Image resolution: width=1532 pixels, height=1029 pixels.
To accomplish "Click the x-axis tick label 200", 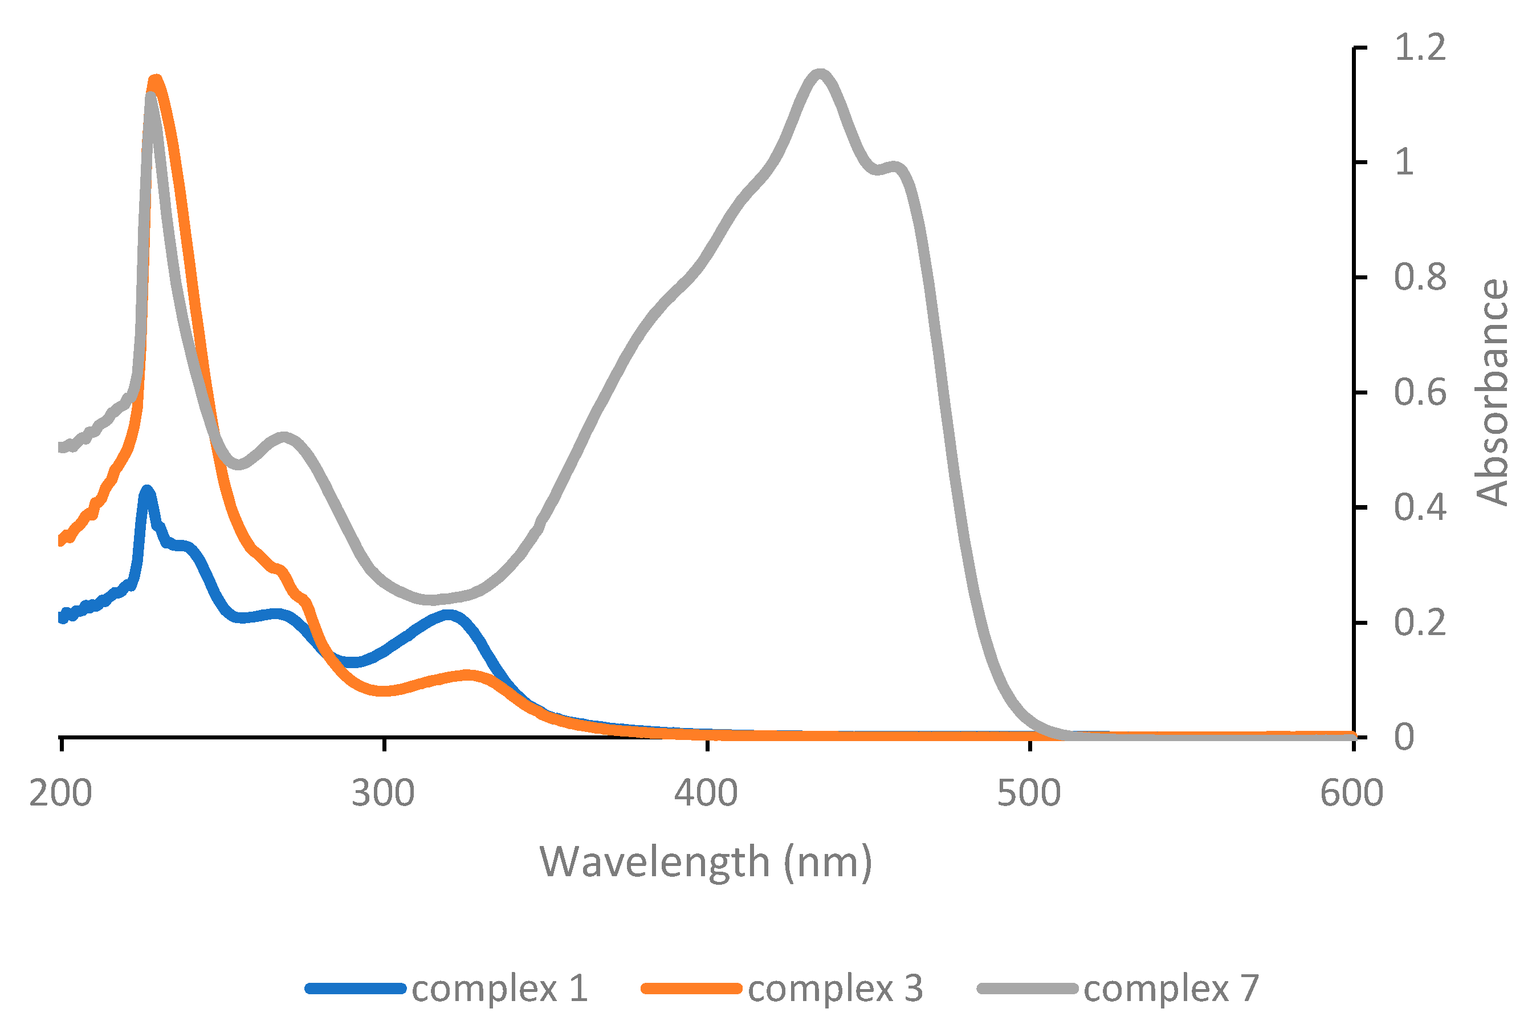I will (x=60, y=794).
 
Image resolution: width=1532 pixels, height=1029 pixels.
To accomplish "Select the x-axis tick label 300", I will (x=383, y=794).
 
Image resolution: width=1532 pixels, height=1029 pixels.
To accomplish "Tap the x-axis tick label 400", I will (x=706, y=794).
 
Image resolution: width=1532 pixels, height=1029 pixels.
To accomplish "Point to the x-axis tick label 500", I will (x=1029, y=794).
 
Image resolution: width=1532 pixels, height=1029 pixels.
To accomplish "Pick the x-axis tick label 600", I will (x=1351, y=794).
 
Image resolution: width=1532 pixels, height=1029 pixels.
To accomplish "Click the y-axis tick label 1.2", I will (x=1420, y=47).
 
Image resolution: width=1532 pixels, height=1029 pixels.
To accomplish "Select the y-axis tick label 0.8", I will (x=1420, y=278).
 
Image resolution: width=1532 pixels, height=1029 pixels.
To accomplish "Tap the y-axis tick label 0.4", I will (x=1420, y=507).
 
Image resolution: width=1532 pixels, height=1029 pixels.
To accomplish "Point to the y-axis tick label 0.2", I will (x=1420, y=622).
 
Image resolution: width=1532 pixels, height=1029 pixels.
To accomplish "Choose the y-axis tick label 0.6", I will (x=1420, y=392).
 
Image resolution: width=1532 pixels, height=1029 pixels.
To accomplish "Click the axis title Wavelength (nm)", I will (x=706, y=863).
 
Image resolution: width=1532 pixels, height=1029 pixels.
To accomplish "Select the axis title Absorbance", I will (x=1492, y=392).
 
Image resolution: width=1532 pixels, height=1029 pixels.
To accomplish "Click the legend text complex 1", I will (x=500, y=989).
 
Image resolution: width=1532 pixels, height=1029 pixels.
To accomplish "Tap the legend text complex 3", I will (x=835, y=989).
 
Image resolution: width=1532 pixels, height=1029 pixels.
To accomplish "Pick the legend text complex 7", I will (x=1171, y=989).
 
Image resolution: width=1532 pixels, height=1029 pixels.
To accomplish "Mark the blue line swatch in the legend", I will (x=355, y=989).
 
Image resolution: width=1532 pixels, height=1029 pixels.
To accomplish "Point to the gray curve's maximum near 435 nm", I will (x=820, y=73).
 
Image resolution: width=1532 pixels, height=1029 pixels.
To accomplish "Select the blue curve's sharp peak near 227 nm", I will (x=147, y=490).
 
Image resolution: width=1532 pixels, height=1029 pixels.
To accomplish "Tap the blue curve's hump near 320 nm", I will (x=448, y=616).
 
